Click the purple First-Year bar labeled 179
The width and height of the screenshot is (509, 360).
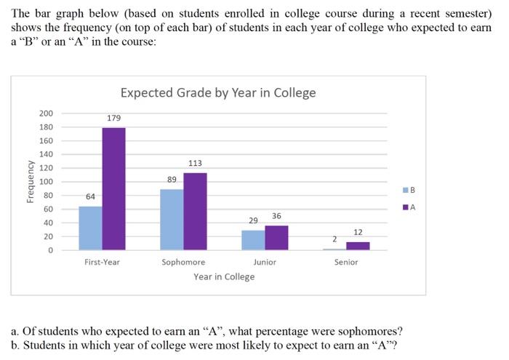(113, 189)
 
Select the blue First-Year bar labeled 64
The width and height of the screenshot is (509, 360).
(90, 228)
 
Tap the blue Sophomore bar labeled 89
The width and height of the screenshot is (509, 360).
(172, 220)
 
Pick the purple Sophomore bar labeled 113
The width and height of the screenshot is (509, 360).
(195, 212)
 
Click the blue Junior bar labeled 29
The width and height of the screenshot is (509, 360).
(253, 240)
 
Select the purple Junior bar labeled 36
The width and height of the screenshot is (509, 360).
(276, 238)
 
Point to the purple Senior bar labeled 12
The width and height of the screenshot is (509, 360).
(358, 246)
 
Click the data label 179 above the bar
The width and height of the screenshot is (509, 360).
(113, 118)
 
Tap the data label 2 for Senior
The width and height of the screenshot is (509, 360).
(334, 239)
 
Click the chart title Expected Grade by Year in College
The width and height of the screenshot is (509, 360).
(217, 92)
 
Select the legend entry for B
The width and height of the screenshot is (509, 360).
(412, 190)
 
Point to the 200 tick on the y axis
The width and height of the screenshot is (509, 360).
(46, 113)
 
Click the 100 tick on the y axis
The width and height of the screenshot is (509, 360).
(46, 182)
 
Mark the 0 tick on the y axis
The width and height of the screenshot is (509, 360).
(50, 250)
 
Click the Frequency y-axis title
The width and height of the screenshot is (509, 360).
(30, 182)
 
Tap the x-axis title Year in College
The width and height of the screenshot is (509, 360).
(224, 276)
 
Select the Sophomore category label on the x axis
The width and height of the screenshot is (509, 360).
(183, 262)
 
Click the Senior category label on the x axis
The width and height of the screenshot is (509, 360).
(346, 262)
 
